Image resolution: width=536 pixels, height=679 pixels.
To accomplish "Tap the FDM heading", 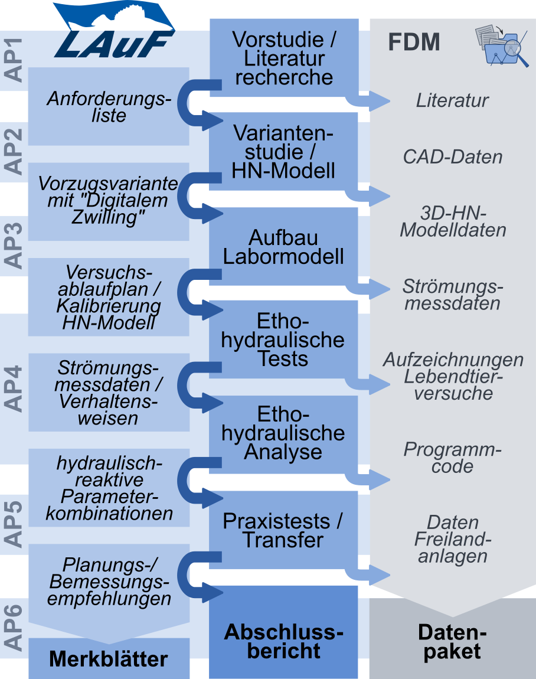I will pyautogui.click(x=414, y=43).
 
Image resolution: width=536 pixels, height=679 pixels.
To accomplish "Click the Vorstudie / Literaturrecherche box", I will pyautogui.click(x=284, y=58).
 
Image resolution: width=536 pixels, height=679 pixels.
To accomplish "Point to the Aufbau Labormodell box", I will pyautogui.click(x=284, y=247).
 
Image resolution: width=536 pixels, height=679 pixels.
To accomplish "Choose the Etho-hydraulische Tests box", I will pyautogui.click(x=284, y=340).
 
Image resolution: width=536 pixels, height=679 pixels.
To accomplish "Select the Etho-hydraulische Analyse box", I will pyautogui.click(x=284, y=433).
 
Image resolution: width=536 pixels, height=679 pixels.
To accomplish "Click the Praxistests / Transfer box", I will pyautogui.click(x=284, y=530).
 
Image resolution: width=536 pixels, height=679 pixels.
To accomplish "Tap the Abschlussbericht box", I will pyautogui.click(x=284, y=641).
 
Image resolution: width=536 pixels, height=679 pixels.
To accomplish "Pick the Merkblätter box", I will pyautogui.click(x=109, y=659).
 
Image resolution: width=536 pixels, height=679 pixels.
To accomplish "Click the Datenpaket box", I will pyautogui.click(x=452, y=642).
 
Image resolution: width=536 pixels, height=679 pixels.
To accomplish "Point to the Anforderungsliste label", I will pyautogui.click(x=109, y=106).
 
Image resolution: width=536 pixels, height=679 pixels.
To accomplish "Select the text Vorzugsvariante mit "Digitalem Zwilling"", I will pyautogui.click(x=109, y=200).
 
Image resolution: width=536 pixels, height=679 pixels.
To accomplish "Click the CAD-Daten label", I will pyautogui.click(x=453, y=157).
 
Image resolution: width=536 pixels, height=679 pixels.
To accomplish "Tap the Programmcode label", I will pyautogui.click(x=453, y=458).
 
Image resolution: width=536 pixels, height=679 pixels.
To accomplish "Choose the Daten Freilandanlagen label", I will pyautogui.click(x=453, y=539).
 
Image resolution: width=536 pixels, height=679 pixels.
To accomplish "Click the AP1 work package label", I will pyautogui.click(x=14, y=59).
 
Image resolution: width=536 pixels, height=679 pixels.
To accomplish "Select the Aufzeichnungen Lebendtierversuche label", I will pyautogui.click(x=453, y=377).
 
